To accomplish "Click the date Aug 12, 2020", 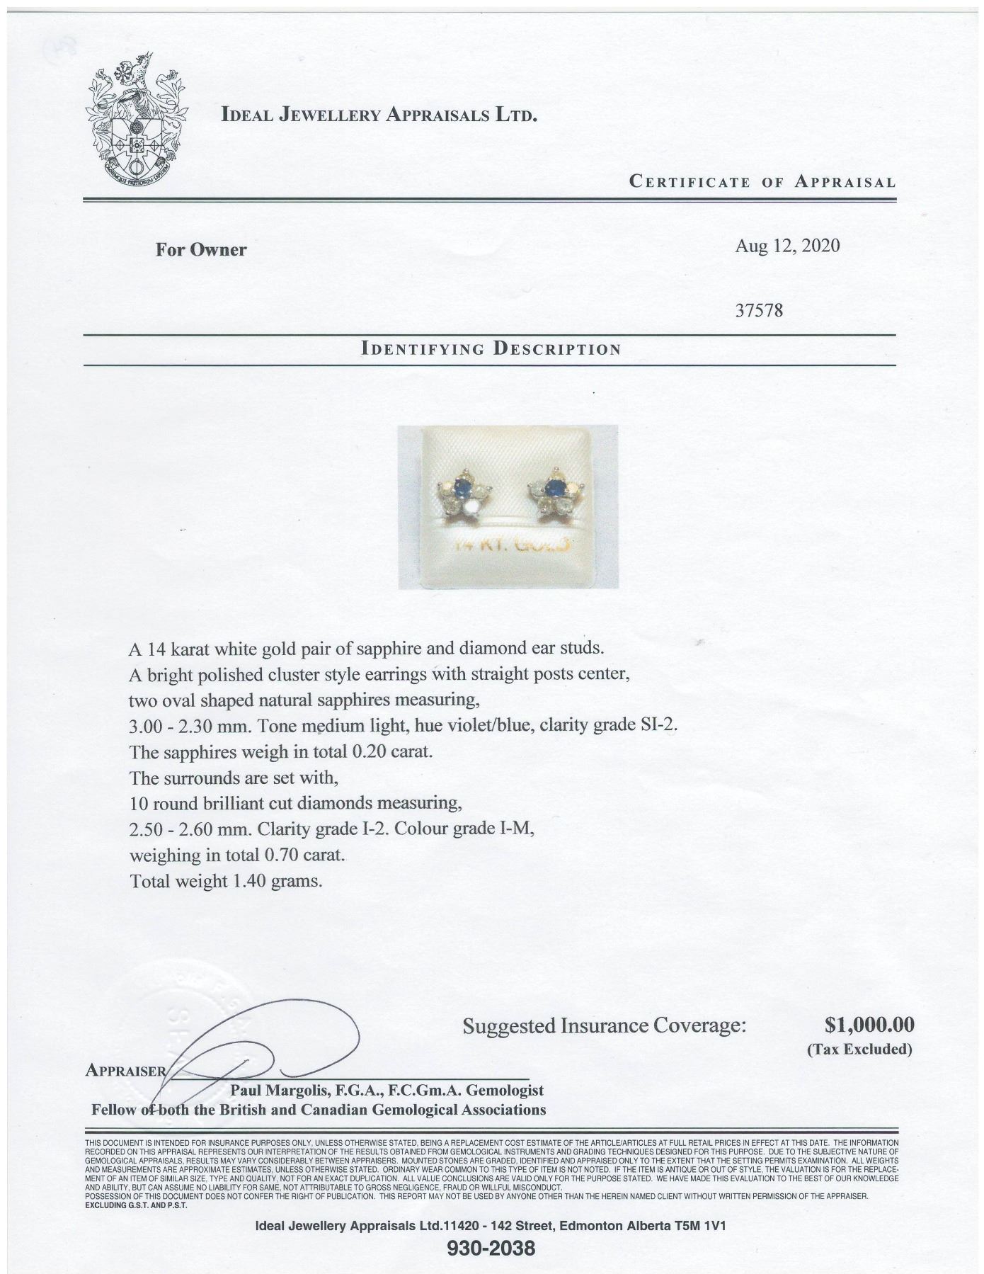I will (x=787, y=246).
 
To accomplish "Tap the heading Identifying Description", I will (x=491, y=349).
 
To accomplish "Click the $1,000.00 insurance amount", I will (x=869, y=1025).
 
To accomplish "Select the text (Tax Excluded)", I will (x=859, y=1049).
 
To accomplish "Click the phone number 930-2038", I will (x=491, y=1248).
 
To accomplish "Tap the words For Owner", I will (x=201, y=249).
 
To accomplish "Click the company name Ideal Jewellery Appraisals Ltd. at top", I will (x=379, y=115).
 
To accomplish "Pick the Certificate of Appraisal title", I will (x=762, y=182).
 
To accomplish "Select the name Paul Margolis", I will (x=280, y=1091).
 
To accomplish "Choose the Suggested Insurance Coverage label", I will (x=605, y=1025).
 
